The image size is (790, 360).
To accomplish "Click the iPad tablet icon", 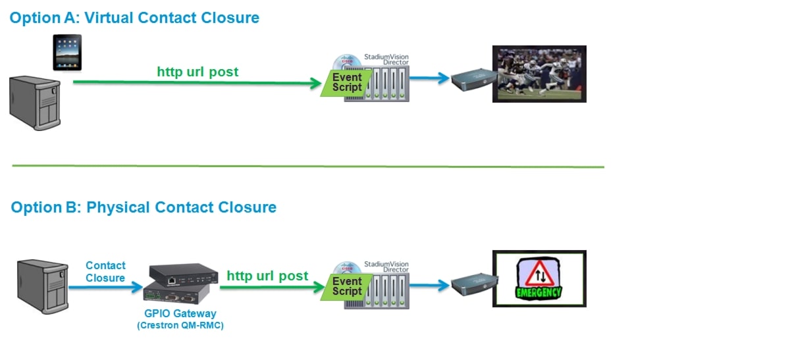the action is [x=67, y=53].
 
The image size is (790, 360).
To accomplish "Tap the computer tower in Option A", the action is [x=35, y=103].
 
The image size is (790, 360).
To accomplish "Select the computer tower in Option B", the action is [x=43, y=286].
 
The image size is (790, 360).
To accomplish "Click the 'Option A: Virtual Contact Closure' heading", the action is [x=134, y=18].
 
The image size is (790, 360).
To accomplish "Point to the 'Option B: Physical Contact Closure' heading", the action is [x=144, y=207].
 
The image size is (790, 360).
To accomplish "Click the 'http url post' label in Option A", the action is [x=197, y=72].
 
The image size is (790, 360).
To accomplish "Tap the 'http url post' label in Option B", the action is [x=267, y=276].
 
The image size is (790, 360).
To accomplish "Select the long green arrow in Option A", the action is [x=197, y=83].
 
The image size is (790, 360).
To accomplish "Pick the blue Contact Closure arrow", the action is [x=105, y=288].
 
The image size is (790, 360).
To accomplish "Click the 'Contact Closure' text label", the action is [x=105, y=272].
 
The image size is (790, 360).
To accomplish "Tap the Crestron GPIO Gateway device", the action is [x=180, y=284].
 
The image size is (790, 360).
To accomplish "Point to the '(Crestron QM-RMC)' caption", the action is [x=180, y=325].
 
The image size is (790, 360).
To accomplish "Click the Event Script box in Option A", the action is [x=347, y=83].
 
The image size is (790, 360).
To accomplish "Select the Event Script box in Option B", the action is [x=347, y=287].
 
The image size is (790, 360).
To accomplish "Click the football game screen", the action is [x=539, y=74].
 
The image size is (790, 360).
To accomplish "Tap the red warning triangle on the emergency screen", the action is [x=540, y=273].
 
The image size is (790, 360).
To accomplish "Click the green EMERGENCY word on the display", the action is [x=539, y=293].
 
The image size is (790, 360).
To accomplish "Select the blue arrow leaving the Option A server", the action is [x=429, y=78].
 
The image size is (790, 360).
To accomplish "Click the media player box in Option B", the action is [x=475, y=284].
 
